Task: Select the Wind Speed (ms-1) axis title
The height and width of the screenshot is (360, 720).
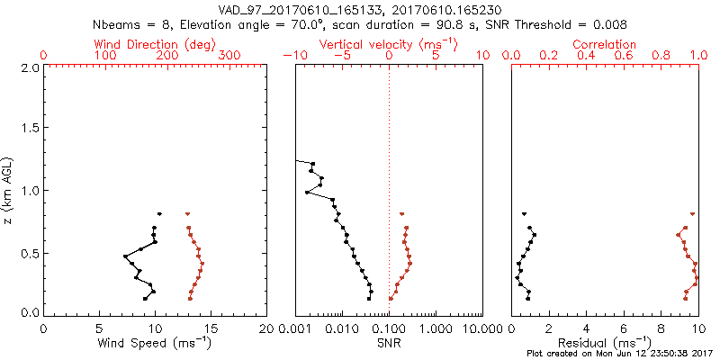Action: click(155, 342)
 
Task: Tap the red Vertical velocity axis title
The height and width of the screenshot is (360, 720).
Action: click(389, 44)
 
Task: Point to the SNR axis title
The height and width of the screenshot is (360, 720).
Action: click(389, 342)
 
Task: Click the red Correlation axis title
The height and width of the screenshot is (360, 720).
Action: click(605, 44)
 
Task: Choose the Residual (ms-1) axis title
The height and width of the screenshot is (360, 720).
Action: click(605, 342)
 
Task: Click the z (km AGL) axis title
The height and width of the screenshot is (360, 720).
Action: click(11, 190)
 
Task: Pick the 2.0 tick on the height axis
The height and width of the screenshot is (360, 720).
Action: click(29, 67)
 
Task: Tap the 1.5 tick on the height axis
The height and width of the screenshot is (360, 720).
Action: click(29, 129)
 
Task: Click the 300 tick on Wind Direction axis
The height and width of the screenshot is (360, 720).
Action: click(230, 56)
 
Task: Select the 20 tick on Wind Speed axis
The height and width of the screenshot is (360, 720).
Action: click(266, 328)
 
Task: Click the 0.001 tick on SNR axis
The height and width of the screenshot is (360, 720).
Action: click(296, 328)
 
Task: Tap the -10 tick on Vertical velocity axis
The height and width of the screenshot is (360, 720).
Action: click(293, 56)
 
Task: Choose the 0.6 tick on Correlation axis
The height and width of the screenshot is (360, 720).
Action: click(623, 56)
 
